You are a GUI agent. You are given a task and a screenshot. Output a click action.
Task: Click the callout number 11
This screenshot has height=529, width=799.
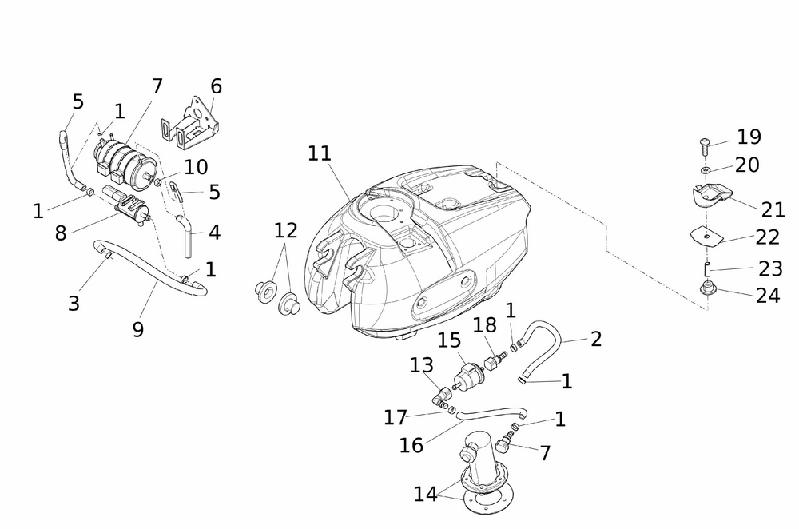point(320,153)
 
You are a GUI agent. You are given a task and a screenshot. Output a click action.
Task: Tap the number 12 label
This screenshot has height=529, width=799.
point(285,230)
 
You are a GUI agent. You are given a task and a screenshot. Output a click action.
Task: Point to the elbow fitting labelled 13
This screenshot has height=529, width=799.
point(441,393)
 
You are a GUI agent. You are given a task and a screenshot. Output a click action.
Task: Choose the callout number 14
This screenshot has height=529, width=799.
point(426,495)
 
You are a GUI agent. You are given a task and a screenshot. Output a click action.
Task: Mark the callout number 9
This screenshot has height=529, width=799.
point(138,328)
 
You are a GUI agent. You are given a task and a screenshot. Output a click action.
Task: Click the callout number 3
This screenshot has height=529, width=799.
point(74,303)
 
